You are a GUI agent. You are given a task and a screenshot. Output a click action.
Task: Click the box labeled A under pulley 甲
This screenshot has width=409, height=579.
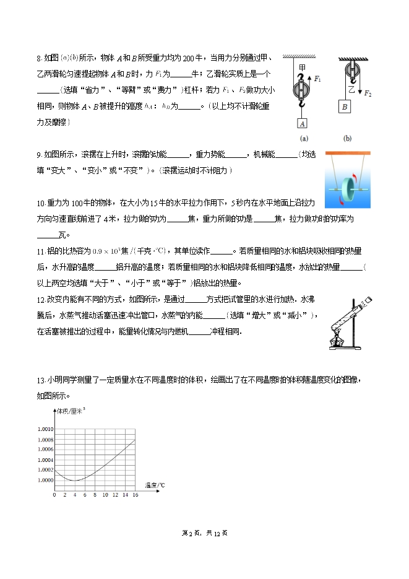tap(302, 123)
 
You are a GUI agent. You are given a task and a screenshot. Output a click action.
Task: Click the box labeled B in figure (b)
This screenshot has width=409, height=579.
tap(343, 105)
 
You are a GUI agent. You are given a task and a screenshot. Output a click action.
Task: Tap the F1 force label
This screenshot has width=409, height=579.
tap(317, 79)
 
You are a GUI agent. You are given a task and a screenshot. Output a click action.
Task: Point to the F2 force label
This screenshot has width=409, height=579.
tap(368, 94)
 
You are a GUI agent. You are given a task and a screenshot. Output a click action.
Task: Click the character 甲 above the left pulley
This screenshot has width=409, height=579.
tap(302, 67)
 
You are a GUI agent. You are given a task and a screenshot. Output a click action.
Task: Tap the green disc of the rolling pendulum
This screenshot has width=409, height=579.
tap(348, 186)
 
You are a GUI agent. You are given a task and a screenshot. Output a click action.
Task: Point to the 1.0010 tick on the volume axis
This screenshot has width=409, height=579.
tap(45, 429)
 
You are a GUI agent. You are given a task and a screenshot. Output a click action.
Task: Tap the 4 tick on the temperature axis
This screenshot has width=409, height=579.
tap(74, 495)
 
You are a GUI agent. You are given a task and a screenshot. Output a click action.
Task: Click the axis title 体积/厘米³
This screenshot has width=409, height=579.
tap(71, 411)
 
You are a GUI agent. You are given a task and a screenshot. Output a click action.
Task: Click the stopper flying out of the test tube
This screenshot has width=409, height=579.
tap(369, 301)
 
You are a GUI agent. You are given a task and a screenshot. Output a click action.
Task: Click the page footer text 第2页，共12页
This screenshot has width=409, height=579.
tap(204, 533)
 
